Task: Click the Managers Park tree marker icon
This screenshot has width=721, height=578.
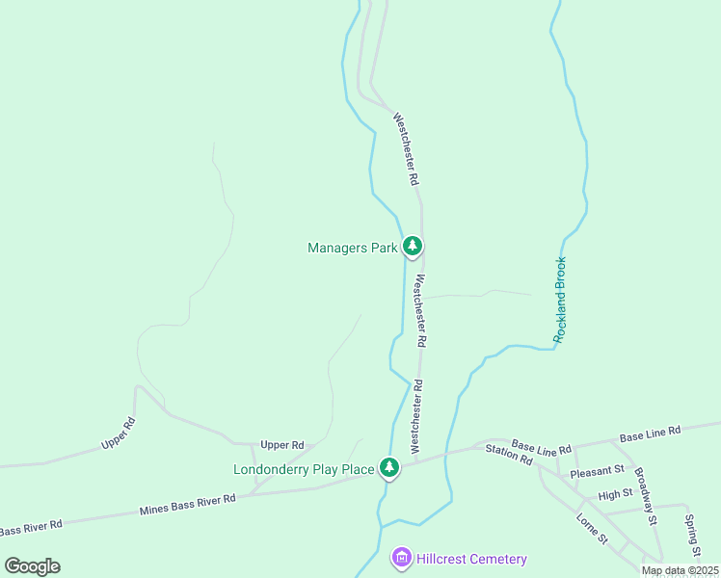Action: [413, 247]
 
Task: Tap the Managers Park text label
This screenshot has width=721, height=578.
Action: [352, 249]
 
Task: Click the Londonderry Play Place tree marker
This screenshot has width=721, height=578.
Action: [388, 467]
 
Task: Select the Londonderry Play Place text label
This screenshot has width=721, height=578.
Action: [304, 470]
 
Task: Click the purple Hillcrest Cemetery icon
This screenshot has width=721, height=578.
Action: [402, 558]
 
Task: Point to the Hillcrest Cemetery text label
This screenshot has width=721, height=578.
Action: [472, 560]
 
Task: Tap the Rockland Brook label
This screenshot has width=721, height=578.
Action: [562, 301]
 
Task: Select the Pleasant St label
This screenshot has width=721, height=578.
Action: [597, 472]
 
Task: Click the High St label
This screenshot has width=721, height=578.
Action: [615, 494]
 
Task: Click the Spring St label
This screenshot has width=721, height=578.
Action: [692, 536]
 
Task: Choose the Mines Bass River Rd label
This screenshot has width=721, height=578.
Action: [188, 504]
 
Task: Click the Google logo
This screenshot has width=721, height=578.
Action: [33, 566]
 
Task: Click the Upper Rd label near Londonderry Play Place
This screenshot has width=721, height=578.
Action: [282, 445]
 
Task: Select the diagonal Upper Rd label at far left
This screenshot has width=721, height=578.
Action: [119, 434]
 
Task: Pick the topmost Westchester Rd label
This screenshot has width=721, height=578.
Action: [405, 149]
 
